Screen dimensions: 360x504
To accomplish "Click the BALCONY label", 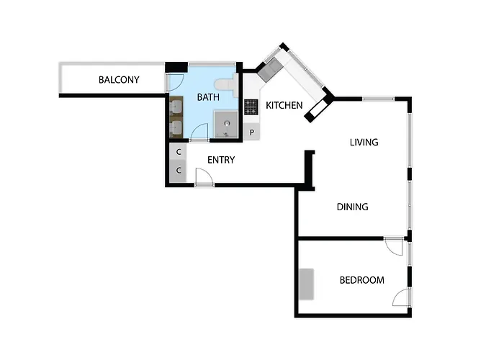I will tap(119, 80).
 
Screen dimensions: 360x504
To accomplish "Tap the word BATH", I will tap(208, 96).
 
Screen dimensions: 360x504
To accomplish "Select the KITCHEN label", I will tap(284, 106).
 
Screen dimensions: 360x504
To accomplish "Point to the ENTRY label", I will tap(221, 160).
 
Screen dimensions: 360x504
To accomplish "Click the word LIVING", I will tap(364, 143).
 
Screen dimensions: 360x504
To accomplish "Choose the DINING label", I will tap(353, 207).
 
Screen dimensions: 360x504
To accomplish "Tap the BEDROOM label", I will tap(361, 280).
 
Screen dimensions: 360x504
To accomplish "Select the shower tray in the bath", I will tap(225, 124).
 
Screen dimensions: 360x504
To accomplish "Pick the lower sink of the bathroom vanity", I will tap(176, 128).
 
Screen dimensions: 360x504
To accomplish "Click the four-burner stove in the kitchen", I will tap(251, 107).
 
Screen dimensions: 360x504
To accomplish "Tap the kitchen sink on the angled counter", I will tap(271, 69).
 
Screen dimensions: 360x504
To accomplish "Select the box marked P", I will tap(252, 132).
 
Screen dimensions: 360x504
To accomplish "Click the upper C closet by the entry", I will tap(178, 153).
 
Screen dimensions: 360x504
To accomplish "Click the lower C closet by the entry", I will tap(178, 171).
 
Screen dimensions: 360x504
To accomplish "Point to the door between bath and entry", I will tap(199, 132).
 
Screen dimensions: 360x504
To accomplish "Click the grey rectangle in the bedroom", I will tap(307, 284).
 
